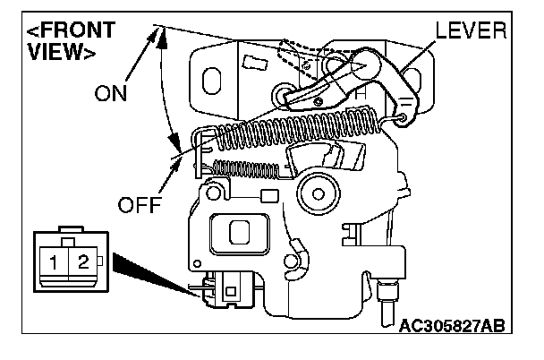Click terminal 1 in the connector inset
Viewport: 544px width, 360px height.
[55, 262]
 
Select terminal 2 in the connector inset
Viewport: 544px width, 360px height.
[81, 262]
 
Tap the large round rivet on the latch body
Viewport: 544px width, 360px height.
[318, 190]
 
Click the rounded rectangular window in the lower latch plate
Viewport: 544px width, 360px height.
[239, 235]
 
